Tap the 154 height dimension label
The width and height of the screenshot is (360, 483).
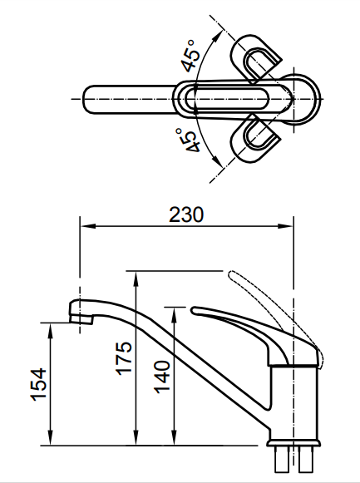(39, 384)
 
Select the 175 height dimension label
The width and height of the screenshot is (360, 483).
(125, 358)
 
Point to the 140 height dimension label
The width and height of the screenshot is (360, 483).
(162, 375)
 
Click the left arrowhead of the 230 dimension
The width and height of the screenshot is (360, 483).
(84, 225)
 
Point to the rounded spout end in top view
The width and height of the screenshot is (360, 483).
(93, 97)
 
